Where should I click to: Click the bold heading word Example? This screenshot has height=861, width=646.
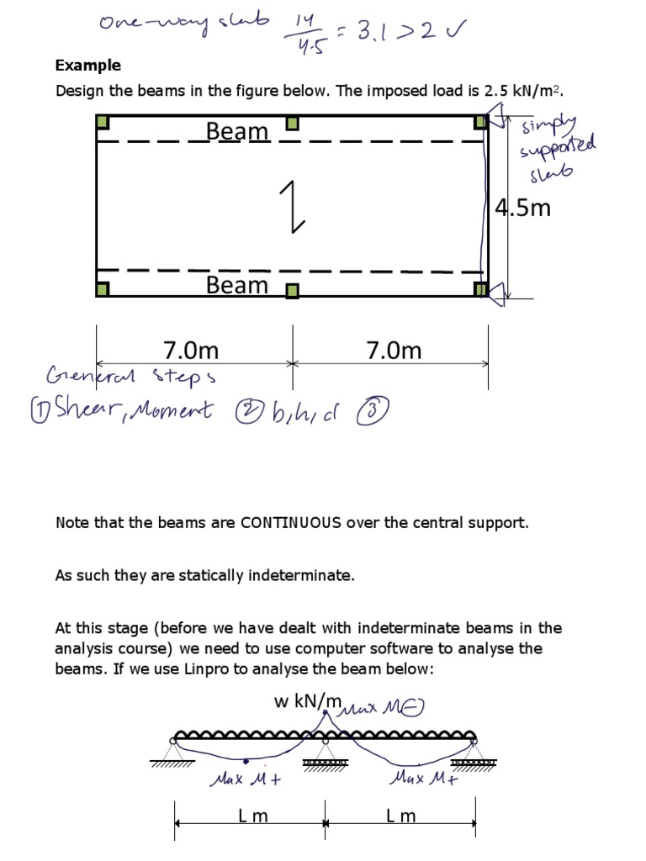87,66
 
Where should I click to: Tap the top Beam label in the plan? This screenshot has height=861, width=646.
237,132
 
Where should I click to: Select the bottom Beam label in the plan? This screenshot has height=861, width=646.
237,285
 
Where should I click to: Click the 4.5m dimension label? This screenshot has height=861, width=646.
522,208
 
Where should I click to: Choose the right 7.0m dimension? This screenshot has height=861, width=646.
394,350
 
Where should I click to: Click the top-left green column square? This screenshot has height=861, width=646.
102,123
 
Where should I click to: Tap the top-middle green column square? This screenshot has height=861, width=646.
292,124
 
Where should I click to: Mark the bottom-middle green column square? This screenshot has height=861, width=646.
292,291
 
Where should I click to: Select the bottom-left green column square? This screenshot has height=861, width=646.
102,290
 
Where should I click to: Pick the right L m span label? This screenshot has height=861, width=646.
400,816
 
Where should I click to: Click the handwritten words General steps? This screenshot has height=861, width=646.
131,376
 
